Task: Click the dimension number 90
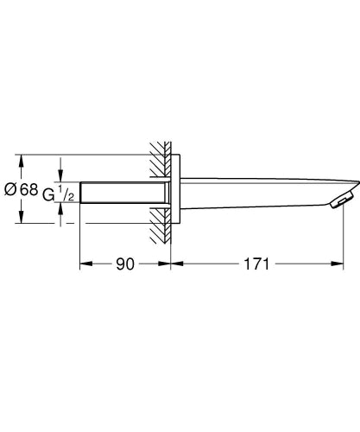(126, 264)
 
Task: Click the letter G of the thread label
(47, 196)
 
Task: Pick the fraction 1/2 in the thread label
(66, 195)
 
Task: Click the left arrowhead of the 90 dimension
(84, 264)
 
